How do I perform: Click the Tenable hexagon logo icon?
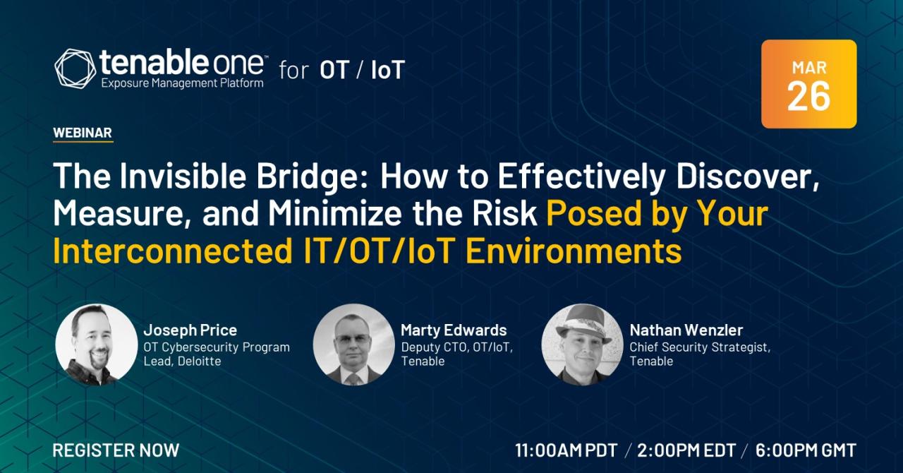click(x=75, y=68)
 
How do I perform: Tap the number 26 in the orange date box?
click(x=808, y=96)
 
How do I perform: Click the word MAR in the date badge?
click(x=809, y=68)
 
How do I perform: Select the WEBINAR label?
click(x=83, y=133)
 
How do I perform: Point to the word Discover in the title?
click(x=747, y=176)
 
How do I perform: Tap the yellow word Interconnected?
click(x=173, y=251)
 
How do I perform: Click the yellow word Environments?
click(x=574, y=251)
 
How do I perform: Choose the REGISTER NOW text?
click(x=116, y=450)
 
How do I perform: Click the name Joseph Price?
click(x=190, y=330)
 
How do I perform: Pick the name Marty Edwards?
click(x=454, y=330)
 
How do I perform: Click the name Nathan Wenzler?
click(x=686, y=330)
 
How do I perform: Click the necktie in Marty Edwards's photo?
click(x=352, y=379)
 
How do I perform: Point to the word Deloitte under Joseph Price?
click(x=199, y=361)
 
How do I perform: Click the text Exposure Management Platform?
click(x=182, y=83)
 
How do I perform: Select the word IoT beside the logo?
click(x=388, y=70)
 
